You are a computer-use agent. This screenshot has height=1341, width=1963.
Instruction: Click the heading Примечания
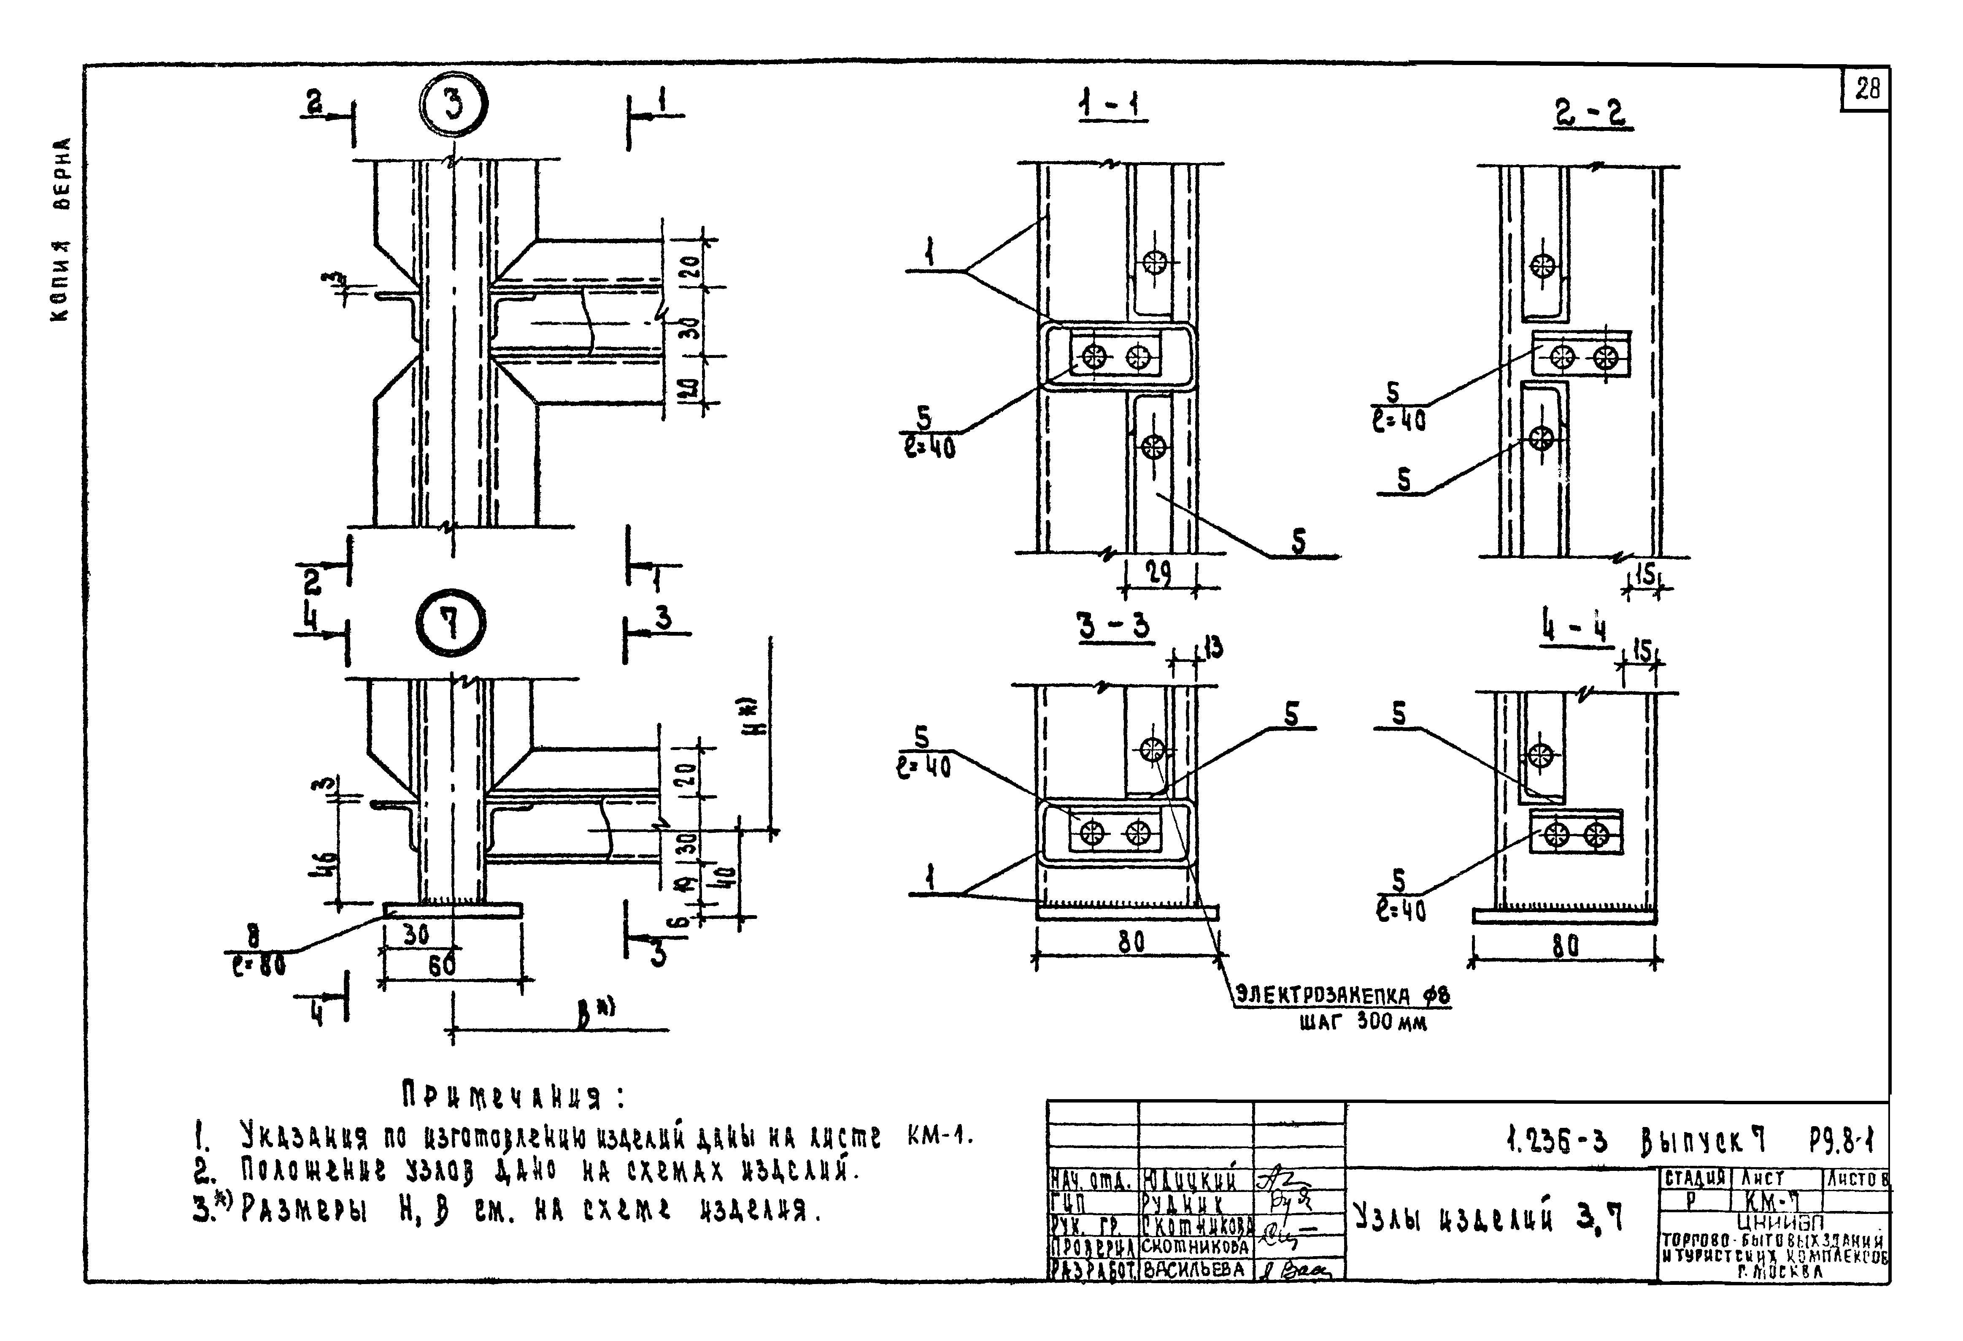(x=513, y=1097)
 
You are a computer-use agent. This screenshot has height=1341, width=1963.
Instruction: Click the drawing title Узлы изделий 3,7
(x=1488, y=1218)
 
